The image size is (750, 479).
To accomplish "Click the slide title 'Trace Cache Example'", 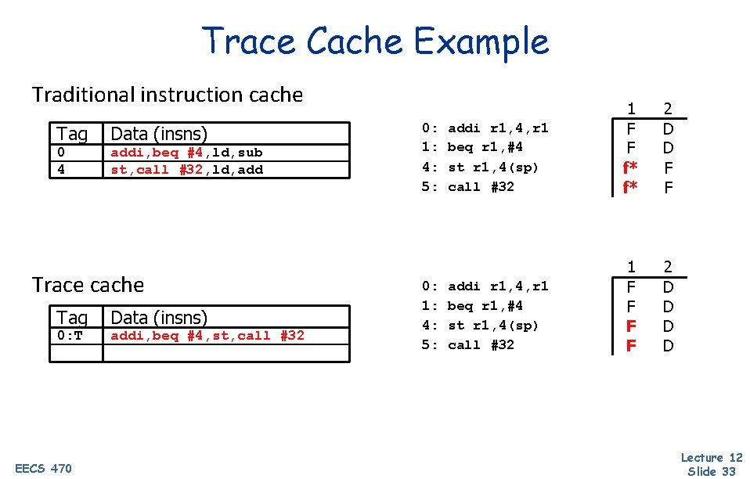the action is click(x=376, y=41).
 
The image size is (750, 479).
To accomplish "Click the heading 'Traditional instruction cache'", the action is click(x=167, y=95).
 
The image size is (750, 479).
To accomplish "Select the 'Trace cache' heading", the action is click(x=88, y=285).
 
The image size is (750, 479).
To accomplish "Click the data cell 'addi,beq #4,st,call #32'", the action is click(x=207, y=336).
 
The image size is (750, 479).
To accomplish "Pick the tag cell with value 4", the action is click(x=60, y=169).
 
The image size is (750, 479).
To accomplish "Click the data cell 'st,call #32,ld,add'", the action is click(x=187, y=169).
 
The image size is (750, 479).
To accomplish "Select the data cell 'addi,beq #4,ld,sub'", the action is click(x=187, y=153).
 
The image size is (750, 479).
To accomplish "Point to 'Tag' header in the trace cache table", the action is click(x=72, y=317).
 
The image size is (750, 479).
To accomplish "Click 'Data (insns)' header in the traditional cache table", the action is click(x=159, y=134).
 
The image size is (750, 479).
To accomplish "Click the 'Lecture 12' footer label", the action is click(x=712, y=458).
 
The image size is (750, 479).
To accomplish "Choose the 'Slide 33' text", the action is click(x=712, y=470).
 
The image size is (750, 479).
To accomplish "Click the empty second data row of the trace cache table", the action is click(x=225, y=353).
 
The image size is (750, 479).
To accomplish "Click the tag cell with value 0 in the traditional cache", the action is click(x=60, y=153).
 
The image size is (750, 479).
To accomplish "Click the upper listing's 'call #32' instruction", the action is click(x=480, y=186).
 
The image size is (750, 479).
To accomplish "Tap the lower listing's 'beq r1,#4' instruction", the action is click(x=485, y=305).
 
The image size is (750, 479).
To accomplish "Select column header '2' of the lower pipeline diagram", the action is click(x=668, y=267).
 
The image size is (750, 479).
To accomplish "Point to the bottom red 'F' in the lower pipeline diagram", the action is click(x=631, y=345).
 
